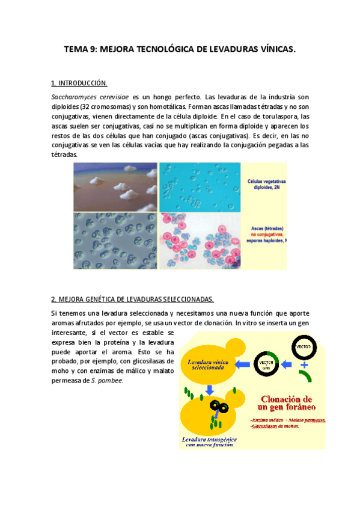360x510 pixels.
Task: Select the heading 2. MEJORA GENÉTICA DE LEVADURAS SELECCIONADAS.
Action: (x=132, y=299)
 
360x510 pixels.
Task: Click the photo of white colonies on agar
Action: (x=115, y=186)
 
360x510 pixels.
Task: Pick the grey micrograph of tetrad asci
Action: (x=115, y=240)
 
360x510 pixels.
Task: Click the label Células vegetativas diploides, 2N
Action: (x=266, y=183)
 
